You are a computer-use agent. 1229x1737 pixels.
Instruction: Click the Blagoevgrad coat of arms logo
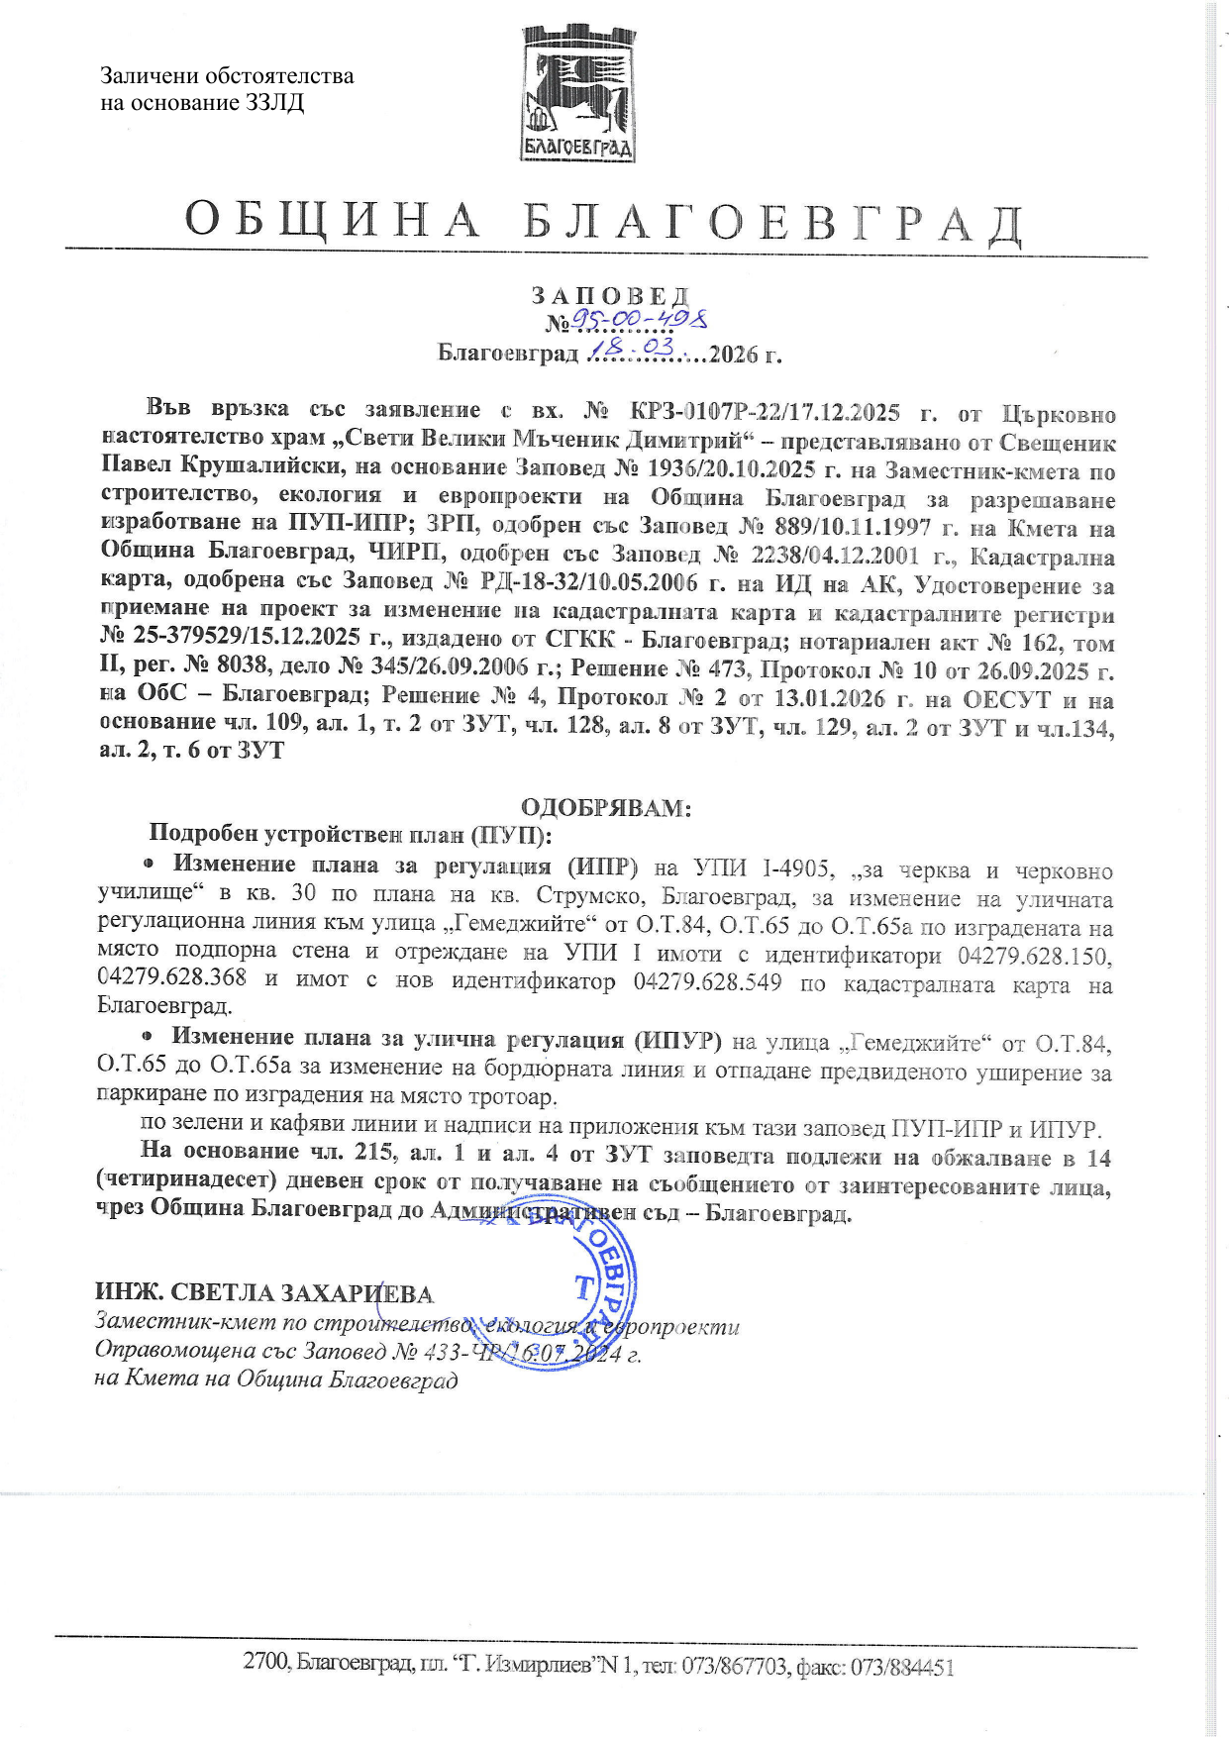tap(578, 95)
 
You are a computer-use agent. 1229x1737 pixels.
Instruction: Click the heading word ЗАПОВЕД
tap(609, 295)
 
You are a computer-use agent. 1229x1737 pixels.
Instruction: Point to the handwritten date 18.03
tap(632, 349)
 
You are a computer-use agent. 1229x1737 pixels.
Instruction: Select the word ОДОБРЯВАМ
tap(605, 807)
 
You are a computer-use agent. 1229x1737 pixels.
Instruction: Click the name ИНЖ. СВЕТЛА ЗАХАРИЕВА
tap(264, 1293)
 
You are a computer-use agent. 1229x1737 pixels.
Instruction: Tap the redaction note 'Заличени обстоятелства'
tap(227, 76)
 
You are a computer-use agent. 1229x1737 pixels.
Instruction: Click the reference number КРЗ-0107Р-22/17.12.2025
tap(765, 411)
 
